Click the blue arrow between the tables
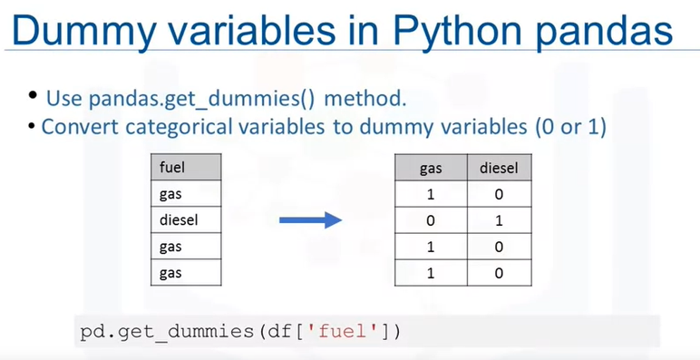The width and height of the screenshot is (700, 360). [307, 220]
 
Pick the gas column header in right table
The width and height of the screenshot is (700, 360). [430, 168]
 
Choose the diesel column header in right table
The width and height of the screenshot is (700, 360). [497, 168]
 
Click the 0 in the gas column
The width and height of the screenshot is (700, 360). [430, 220]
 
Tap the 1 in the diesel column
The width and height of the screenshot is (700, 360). [497, 220]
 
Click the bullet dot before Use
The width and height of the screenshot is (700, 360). [34, 95]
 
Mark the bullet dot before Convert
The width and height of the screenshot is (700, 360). [34, 125]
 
